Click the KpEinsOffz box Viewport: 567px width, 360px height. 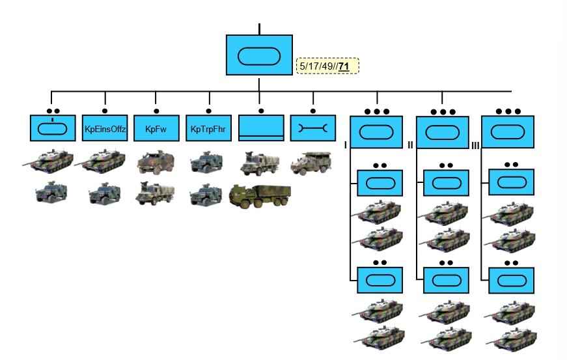[x=105, y=128]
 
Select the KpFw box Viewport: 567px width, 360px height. [x=156, y=128]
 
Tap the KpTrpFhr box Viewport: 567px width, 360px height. [x=208, y=128]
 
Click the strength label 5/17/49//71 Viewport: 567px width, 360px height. [x=327, y=66]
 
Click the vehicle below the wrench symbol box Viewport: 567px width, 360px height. [x=311, y=161]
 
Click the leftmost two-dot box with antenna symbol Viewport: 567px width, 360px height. [x=53, y=128]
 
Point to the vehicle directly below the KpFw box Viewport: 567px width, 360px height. [x=156, y=163]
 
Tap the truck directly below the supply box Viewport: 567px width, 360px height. [x=260, y=163]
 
